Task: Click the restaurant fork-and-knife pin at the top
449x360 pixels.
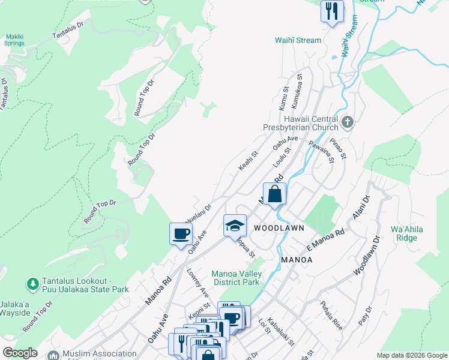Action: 332,11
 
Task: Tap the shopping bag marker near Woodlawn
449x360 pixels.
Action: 274,194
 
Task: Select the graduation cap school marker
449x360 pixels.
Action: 235,226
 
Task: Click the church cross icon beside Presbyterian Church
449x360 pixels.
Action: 348,123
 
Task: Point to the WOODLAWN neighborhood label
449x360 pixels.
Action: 279,229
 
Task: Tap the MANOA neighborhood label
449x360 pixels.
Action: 297,260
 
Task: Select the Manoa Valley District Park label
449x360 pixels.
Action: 235,278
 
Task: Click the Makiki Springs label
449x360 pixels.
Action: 14,40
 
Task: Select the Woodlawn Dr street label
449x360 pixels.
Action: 367,256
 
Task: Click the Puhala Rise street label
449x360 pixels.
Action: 331,315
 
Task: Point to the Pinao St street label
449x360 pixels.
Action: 340,148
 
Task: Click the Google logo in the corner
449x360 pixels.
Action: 20,353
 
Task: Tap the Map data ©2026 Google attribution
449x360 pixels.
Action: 412,355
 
